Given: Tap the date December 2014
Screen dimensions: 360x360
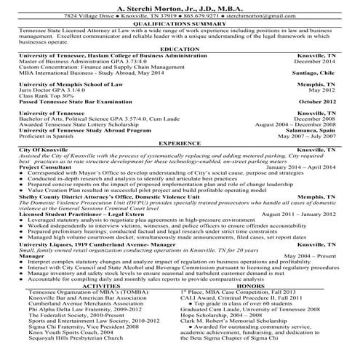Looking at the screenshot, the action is tap(318, 62).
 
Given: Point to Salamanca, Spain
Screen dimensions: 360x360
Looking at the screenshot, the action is tap(313, 130).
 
